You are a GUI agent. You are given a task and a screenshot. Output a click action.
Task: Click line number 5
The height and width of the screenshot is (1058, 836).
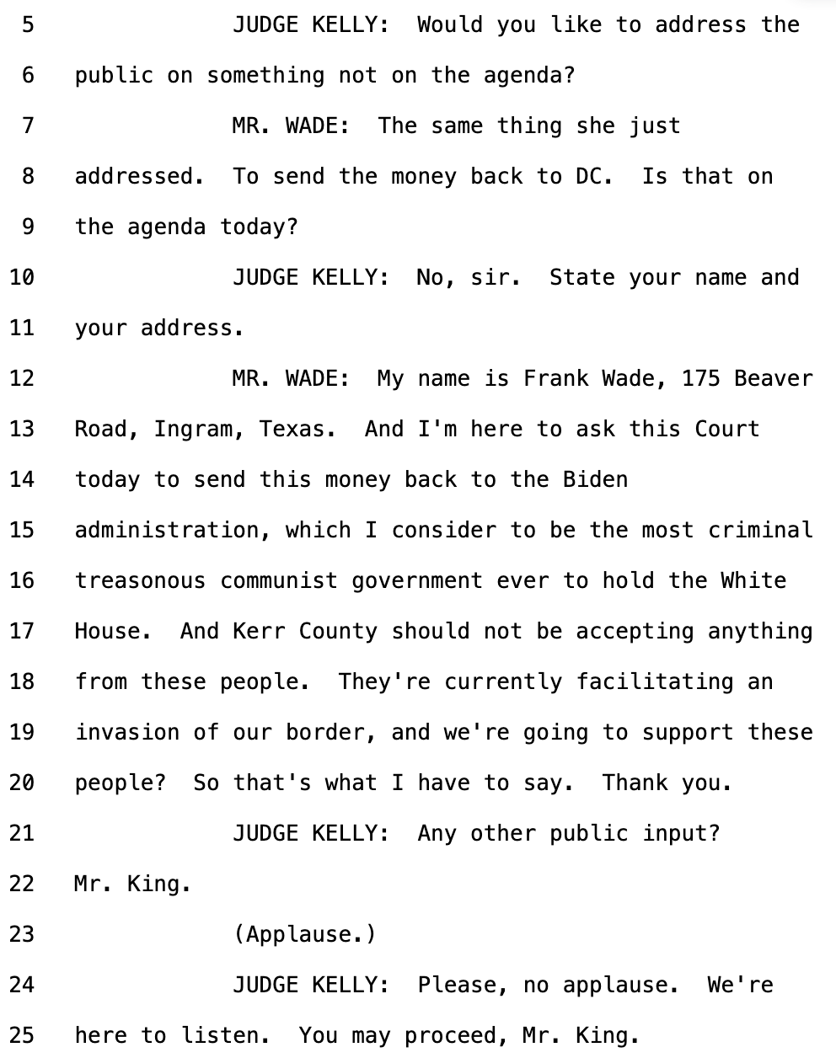click(x=28, y=24)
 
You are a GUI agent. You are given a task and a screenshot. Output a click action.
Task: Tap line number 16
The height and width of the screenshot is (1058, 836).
click(x=22, y=580)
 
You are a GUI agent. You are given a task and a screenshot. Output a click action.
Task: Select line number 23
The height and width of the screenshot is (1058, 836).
click(x=22, y=934)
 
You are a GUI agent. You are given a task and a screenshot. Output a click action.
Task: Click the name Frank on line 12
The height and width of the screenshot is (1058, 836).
click(x=555, y=378)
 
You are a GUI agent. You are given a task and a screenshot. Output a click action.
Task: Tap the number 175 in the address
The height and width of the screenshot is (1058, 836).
click(x=700, y=378)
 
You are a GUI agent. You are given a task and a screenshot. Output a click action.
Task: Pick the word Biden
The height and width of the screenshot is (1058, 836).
click(x=595, y=479)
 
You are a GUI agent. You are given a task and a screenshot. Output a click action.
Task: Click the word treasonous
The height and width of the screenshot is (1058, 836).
click(x=140, y=580)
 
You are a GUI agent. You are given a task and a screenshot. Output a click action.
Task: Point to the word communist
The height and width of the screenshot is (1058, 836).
click(x=278, y=580)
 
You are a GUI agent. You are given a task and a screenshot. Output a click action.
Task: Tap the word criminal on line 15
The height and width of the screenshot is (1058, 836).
click(x=760, y=530)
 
